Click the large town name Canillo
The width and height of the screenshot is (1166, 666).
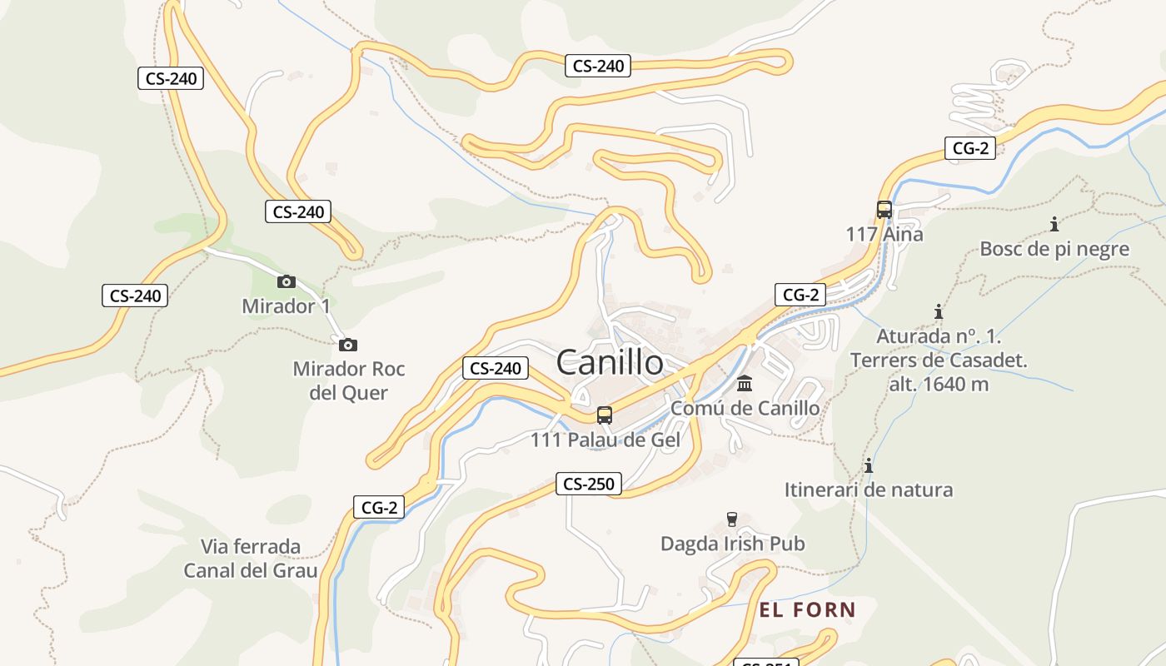(610, 362)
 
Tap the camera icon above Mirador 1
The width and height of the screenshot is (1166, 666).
(287, 281)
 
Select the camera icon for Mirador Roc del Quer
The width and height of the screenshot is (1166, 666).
(348, 345)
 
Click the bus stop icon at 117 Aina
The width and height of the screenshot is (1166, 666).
(884, 210)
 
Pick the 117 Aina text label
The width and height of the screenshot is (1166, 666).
(884, 235)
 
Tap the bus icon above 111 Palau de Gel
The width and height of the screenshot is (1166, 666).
(605, 415)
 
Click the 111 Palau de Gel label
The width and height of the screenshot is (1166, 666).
(605, 440)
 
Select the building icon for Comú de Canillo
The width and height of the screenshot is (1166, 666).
(745, 384)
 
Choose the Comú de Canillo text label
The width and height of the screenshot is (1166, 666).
(745, 409)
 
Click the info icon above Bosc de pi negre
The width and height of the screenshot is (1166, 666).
(1054, 224)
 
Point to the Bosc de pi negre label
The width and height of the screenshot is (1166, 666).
(1054, 249)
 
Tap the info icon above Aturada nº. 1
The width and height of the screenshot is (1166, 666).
(939, 311)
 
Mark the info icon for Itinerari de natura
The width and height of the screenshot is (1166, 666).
(869, 465)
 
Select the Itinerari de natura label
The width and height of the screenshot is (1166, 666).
(869, 490)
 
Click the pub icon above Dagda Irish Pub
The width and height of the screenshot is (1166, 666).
(732, 519)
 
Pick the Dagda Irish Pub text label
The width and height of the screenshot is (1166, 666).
(733, 544)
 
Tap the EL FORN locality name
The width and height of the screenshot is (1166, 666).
(807, 610)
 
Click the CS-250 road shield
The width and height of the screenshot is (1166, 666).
(589, 484)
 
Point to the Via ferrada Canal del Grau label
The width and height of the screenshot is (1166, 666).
(251, 559)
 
